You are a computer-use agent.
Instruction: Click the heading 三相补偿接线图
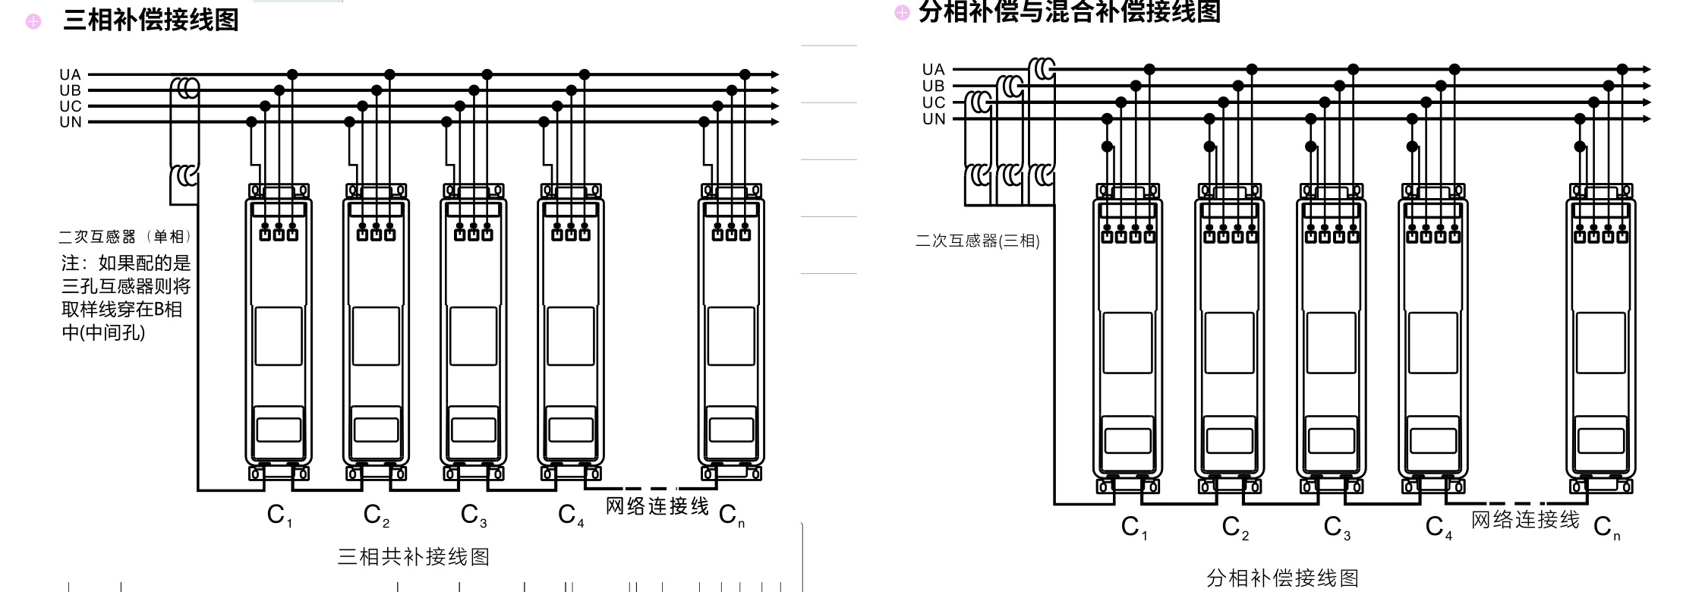point(150,20)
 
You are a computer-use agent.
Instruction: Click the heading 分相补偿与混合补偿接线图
point(1069,12)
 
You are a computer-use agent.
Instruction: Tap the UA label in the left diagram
point(70,74)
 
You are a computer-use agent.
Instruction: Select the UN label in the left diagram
point(70,121)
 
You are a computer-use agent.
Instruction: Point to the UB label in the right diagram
point(933,86)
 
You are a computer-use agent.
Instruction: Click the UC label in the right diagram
point(933,102)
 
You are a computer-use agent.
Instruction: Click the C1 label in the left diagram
point(279,515)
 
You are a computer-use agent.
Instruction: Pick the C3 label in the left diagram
point(474,515)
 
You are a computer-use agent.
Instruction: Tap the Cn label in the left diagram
point(731,515)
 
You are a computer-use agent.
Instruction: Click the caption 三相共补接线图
point(413,557)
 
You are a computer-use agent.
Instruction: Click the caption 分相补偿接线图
point(1282,578)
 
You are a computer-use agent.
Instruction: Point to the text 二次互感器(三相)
point(977,241)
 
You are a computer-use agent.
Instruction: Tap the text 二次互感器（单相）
point(125,237)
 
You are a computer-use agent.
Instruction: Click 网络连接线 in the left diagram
point(657,506)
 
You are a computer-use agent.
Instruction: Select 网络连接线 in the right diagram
point(1525,520)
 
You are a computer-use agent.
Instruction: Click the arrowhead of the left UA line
point(774,74)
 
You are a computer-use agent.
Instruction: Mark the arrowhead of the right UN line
point(1647,119)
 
